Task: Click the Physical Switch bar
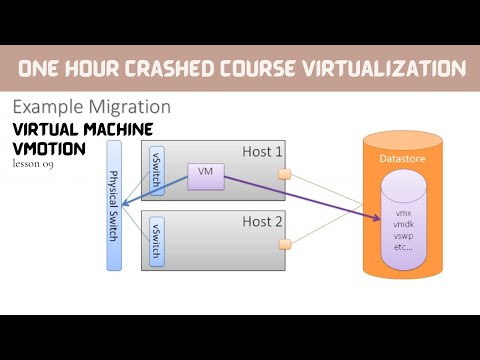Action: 114,205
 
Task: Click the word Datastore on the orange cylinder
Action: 403,158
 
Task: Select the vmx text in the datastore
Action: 403,213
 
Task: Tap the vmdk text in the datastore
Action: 403,224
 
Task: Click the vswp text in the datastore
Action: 403,235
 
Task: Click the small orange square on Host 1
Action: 284,175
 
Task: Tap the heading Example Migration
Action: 90,107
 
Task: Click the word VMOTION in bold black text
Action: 49,148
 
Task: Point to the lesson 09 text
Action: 33,163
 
